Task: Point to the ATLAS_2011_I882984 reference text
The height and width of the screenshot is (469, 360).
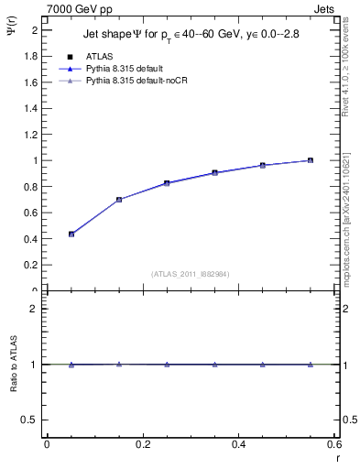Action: (x=191, y=274)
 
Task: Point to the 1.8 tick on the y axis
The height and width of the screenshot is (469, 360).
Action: (x=33, y=55)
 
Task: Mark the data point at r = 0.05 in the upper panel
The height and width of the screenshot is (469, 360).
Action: (x=71, y=234)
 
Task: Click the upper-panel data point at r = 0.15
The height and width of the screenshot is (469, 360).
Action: (x=119, y=200)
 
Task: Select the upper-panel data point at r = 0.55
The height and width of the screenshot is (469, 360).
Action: (x=311, y=160)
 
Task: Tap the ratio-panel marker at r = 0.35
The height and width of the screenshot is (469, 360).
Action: (x=214, y=365)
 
